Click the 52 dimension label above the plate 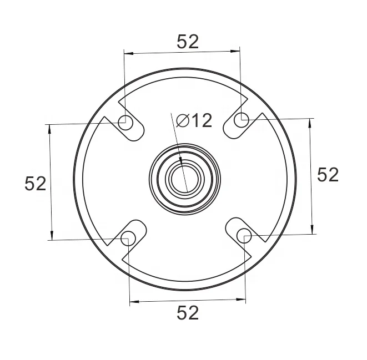click(x=188, y=42)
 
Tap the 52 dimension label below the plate click(x=188, y=313)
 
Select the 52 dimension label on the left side click(x=36, y=184)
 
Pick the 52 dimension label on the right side click(x=328, y=174)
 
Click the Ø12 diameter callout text click(x=194, y=120)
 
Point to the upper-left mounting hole click(x=125, y=123)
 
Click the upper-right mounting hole click(x=242, y=120)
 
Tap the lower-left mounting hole click(x=128, y=239)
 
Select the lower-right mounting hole click(x=244, y=236)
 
